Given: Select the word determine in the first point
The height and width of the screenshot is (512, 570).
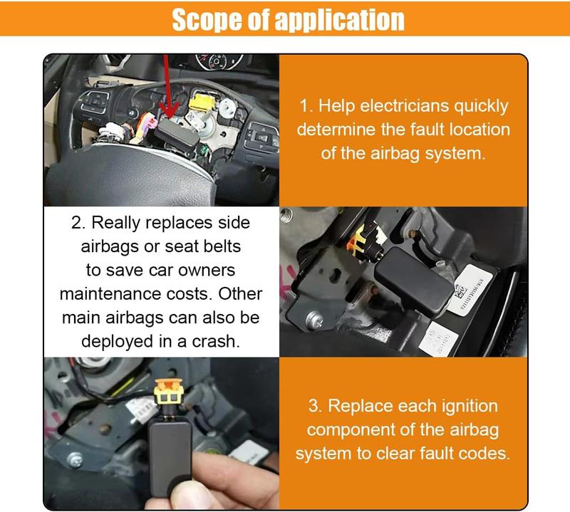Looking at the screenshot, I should [338, 130].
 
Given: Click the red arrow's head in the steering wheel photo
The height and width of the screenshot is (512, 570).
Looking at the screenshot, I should [168, 114].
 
